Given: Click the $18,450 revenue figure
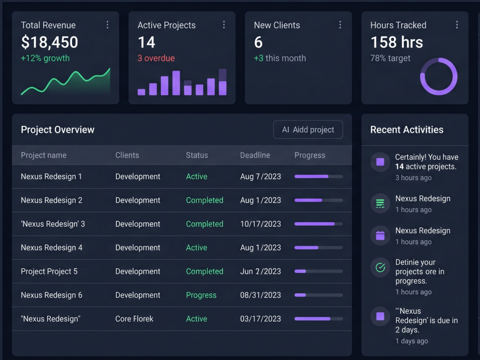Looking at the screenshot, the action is [49, 42].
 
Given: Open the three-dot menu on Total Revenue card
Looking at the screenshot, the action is [108, 25].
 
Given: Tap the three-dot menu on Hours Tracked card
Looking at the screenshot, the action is [457, 25].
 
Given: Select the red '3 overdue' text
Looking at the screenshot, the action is [156, 58].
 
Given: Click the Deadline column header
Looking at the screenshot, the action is [255, 155].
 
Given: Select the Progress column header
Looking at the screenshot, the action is [310, 156].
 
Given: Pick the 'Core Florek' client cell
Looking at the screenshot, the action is [134, 319].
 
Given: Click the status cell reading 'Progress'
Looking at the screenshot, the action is [201, 295].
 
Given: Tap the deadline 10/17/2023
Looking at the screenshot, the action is [261, 224].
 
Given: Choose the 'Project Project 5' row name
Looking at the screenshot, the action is [49, 272].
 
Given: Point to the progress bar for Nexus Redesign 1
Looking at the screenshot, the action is [318, 177].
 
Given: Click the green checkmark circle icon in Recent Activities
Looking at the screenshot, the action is [380, 267].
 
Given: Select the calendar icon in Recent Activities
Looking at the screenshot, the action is [380, 235].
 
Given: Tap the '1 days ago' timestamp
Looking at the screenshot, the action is [412, 341].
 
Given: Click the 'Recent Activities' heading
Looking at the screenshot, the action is [407, 130].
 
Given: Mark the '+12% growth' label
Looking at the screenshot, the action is [45, 58].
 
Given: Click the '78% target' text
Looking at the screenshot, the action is [390, 58].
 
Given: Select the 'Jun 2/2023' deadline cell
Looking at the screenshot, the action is [261, 272].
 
